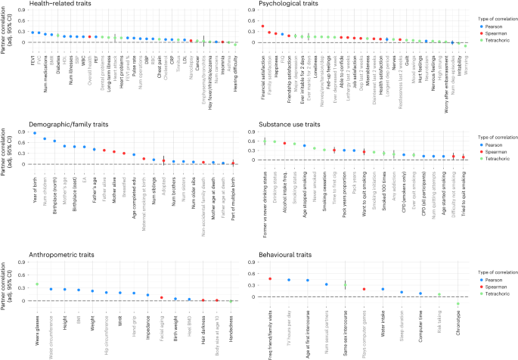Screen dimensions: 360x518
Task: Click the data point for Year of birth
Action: coord(35,133)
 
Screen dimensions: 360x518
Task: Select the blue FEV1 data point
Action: coord(33,33)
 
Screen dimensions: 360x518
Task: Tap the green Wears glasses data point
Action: coord(36,284)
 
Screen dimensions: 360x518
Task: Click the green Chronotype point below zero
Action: coord(458,304)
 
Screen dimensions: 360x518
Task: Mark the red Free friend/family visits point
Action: coord(270,279)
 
